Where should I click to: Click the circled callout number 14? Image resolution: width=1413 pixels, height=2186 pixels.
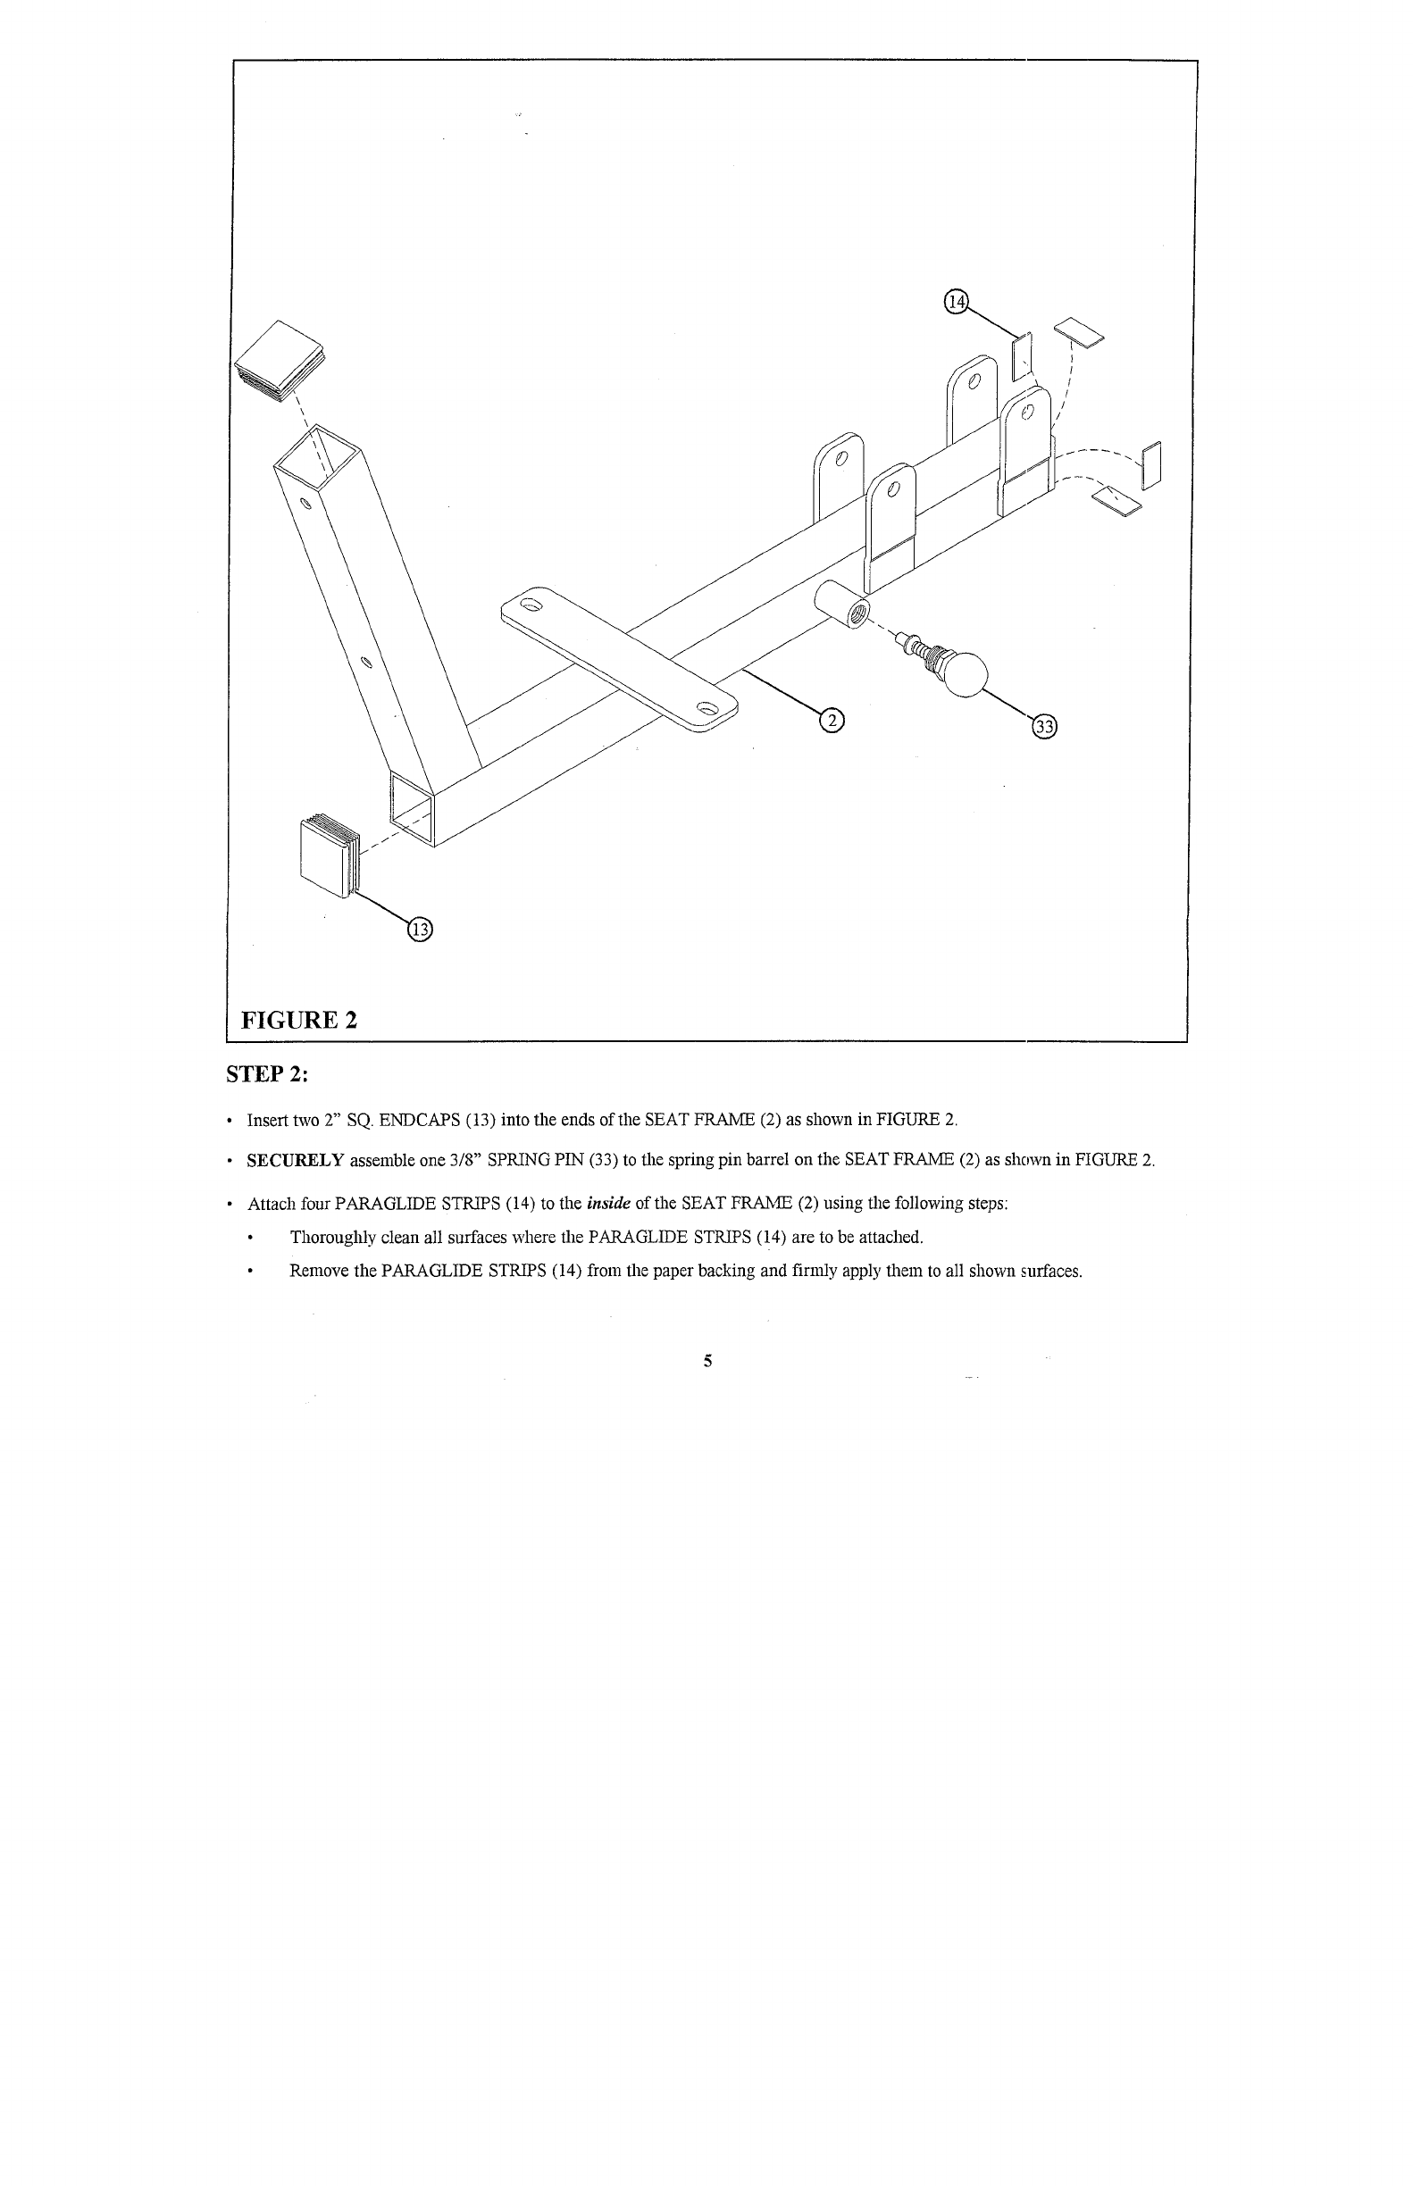pos(955,302)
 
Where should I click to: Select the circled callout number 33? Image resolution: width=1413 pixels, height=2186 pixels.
pos(1044,727)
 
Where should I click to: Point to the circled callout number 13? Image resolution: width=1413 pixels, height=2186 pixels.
pos(418,930)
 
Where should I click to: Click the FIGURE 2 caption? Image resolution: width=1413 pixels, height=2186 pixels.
pos(298,1019)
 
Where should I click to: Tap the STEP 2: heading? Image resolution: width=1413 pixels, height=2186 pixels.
pos(270,1074)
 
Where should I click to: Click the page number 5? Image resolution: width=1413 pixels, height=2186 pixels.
pos(707,1361)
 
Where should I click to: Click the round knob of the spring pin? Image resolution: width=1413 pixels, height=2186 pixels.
pos(967,674)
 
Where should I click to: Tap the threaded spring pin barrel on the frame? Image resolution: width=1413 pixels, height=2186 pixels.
pos(840,605)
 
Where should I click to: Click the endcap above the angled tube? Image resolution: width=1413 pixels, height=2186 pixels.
pos(280,362)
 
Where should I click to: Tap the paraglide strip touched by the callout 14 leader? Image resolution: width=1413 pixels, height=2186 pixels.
pos(1021,356)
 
